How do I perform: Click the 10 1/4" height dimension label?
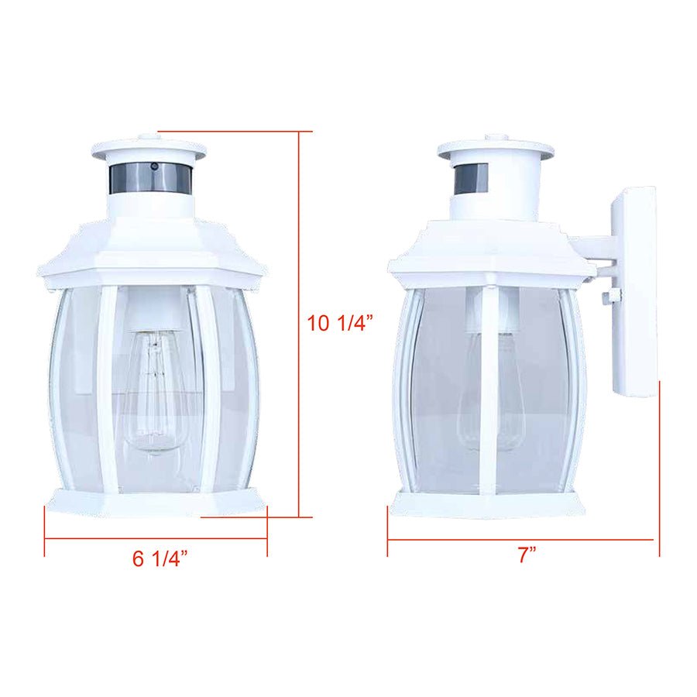341,323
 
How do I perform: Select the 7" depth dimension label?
528,555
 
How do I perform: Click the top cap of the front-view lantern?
149,149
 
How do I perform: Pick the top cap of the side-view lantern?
496,149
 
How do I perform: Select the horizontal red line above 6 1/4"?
155,537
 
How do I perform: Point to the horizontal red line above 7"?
523,539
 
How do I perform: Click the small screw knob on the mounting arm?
608,295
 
